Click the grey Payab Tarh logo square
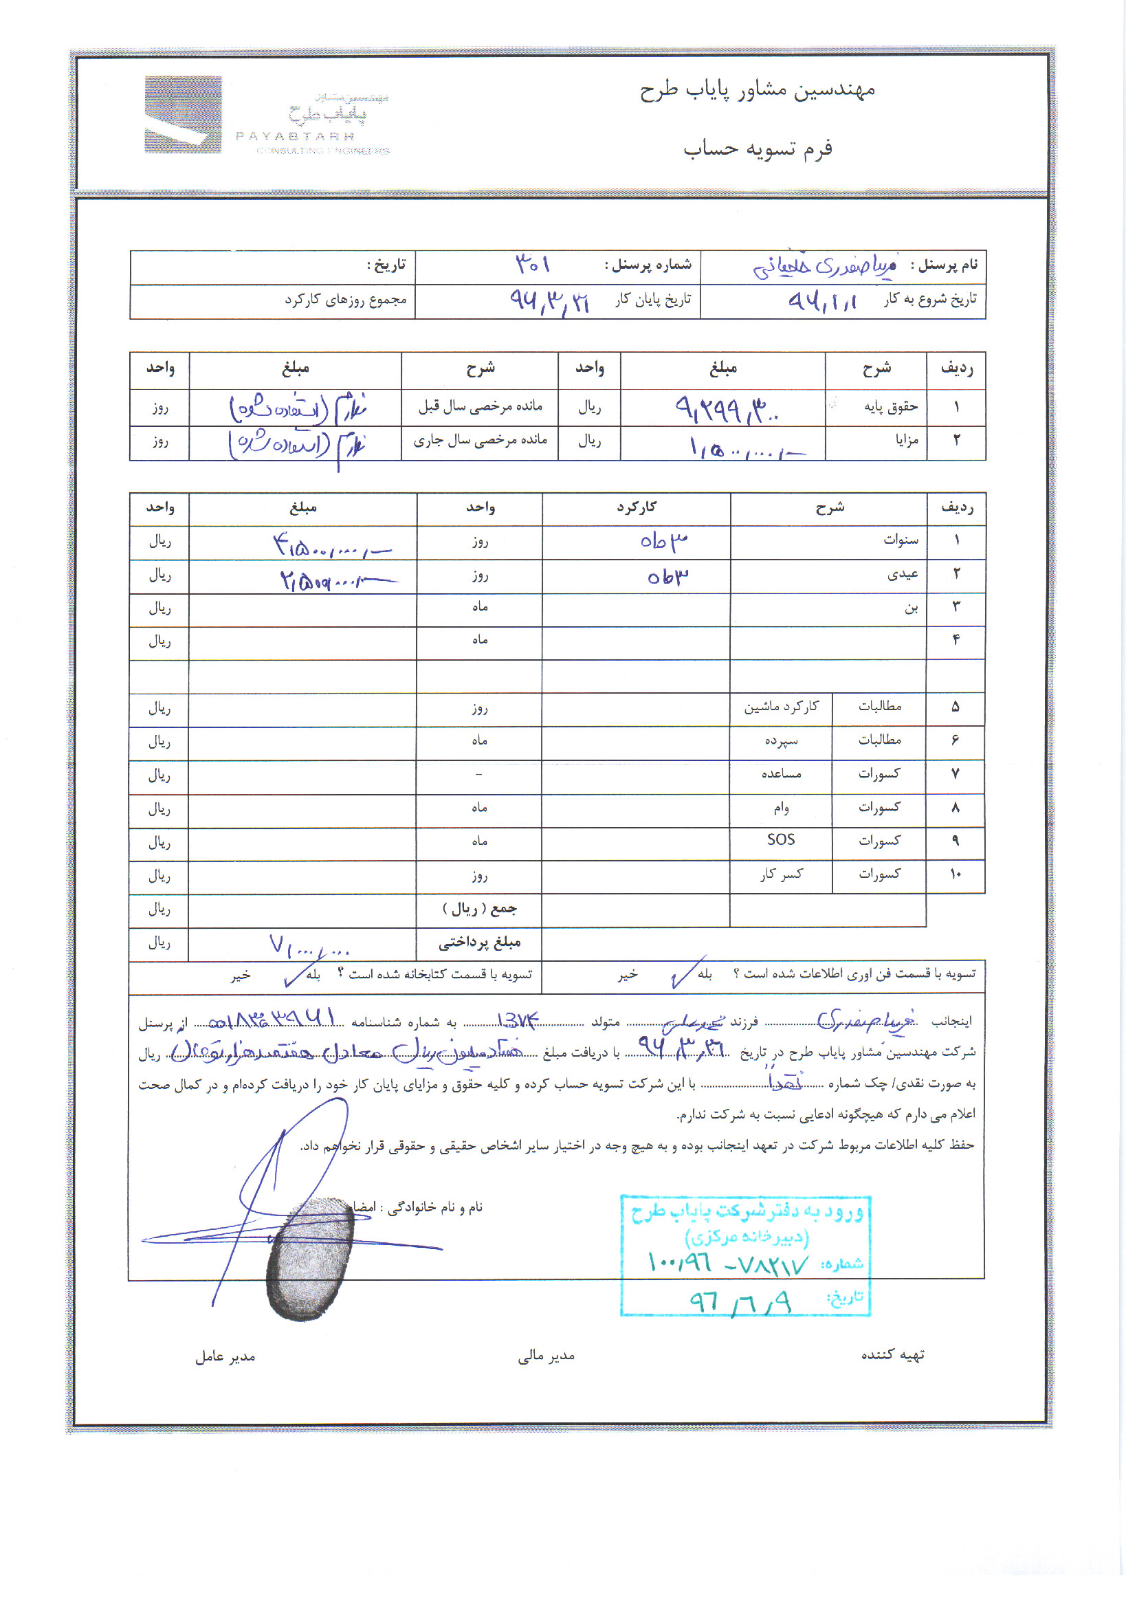183,114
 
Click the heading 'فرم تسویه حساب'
758,149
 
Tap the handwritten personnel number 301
533,264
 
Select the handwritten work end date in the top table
549,301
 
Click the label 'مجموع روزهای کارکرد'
345,300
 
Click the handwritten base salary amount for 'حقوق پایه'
726,409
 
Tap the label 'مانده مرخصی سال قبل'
480,406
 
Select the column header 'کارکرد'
637,508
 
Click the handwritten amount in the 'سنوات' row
331,545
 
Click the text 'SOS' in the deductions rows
780,839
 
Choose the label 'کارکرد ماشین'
781,707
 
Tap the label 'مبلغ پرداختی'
479,943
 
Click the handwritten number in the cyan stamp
727,1262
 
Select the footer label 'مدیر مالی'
546,1356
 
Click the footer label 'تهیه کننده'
892,1355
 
